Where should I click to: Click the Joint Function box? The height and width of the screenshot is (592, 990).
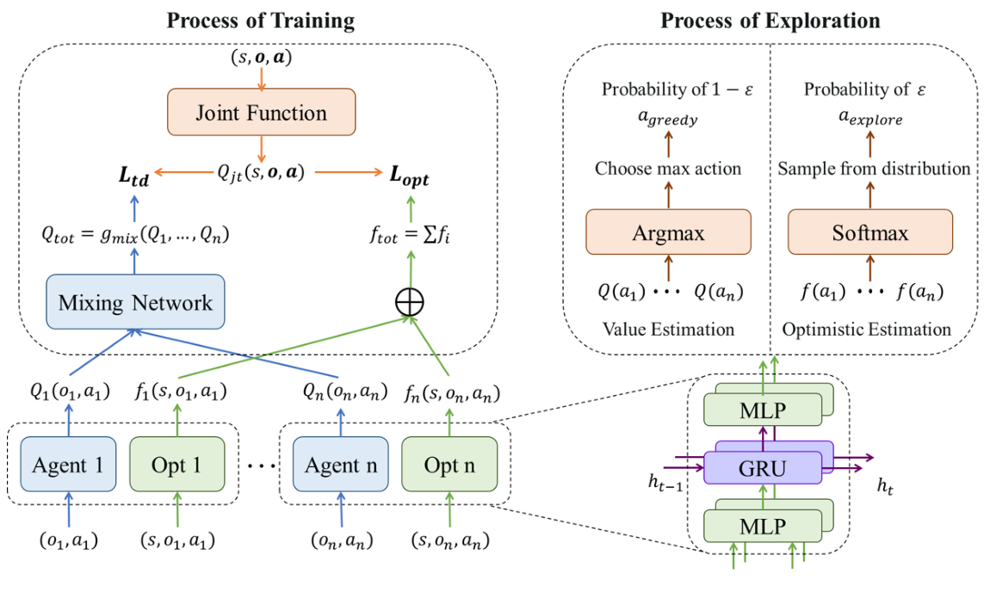261,113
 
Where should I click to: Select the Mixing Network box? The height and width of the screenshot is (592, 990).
136,301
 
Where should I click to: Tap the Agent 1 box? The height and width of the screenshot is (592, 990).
68,465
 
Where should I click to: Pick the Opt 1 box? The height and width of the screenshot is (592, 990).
176,465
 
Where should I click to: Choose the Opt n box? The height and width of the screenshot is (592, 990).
449,465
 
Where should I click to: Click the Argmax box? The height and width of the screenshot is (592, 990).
668,233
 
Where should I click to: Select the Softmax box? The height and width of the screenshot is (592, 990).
871,233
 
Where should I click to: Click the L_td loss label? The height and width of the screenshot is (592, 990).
133,178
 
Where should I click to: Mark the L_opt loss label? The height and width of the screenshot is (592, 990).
409,178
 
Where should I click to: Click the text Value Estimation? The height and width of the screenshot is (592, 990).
668,329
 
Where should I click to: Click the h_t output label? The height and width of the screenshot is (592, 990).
885,486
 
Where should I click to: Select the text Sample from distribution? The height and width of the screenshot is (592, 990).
874,169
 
